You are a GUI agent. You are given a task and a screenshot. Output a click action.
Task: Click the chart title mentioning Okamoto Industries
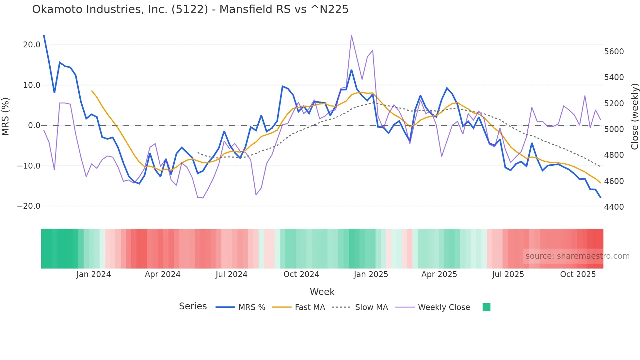[x=190, y=9]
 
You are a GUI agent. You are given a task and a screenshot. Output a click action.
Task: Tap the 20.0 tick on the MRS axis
[x=32, y=45]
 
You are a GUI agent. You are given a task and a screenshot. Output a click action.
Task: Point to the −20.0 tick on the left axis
[x=29, y=206]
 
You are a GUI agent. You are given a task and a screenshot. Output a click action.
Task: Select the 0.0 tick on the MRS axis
[x=34, y=125]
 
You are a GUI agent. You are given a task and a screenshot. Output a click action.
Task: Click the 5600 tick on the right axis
[x=614, y=52]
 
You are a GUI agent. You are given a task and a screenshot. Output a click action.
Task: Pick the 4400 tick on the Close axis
[x=614, y=207]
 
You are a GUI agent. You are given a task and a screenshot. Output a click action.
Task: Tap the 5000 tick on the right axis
[x=614, y=129]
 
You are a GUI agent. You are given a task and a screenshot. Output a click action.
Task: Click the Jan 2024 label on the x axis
[x=94, y=274]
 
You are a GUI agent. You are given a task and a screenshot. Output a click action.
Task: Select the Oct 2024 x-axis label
[x=301, y=274]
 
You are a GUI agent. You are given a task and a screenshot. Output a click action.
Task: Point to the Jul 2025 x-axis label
[x=508, y=274]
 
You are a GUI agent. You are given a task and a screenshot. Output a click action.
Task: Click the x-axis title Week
[x=322, y=292]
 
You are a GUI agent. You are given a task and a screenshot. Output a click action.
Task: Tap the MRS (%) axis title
[x=6, y=116]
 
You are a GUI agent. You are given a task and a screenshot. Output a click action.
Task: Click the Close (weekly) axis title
[x=634, y=116]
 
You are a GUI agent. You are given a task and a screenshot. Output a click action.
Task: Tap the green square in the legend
[x=486, y=307]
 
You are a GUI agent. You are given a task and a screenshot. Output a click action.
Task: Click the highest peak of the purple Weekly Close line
[x=351, y=35]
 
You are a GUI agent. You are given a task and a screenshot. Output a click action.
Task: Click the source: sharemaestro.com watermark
[x=577, y=256]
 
